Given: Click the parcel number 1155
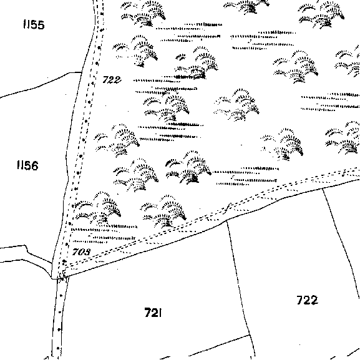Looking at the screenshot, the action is [34, 24].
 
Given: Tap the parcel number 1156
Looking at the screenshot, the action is [27, 165].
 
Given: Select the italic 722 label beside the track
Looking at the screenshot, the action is [112, 80].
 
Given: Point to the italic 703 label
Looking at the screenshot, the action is [82, 252].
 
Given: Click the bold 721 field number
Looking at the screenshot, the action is [153, 313].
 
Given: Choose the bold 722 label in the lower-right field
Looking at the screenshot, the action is [308, 300].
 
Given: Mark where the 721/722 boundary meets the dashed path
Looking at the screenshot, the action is [227, 220].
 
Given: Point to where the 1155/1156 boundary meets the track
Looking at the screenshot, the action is [82, 72].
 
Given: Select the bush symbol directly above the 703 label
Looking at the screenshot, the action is [97, 208].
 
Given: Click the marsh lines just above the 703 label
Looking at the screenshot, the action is [104, 234].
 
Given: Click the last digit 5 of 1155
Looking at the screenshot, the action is [41, 25].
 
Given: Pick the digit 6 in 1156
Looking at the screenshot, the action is [34, 165].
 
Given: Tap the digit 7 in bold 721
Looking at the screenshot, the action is [148, 313].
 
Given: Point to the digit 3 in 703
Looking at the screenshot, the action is [87, 252].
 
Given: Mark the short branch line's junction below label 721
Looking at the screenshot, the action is [250, 335].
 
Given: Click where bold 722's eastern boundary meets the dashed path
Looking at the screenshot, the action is [323, 188].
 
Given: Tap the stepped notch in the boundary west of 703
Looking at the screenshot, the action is [26, 250].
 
